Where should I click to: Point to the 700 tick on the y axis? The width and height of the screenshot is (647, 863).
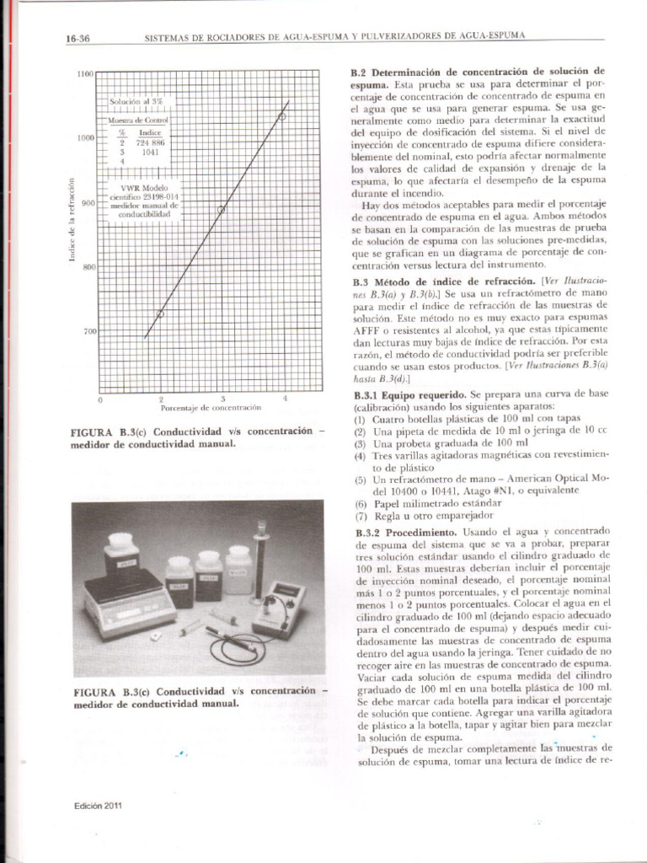tap(89, 332)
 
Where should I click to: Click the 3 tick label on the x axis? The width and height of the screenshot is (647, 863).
tap(223, 398)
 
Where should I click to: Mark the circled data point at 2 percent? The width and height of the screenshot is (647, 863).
tap(161, 314)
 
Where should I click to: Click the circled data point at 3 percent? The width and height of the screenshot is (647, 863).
tap(222, 209)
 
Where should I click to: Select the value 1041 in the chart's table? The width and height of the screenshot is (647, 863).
tap(150, 153)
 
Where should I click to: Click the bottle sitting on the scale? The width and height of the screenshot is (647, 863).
tap(122, 557)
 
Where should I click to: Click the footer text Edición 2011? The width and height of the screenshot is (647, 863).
tap(98, 806)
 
